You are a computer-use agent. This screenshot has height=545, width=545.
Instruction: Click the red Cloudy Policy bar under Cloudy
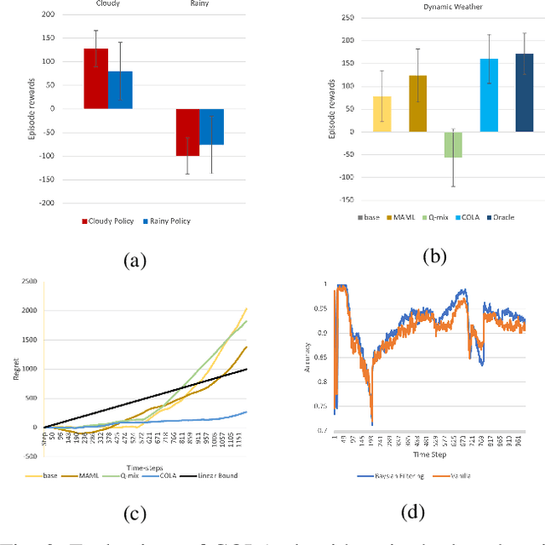pos(95,78)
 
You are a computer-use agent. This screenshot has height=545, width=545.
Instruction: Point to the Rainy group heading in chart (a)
pos(198,3)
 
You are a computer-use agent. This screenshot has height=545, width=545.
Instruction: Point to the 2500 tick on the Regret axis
pos(28,282)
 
